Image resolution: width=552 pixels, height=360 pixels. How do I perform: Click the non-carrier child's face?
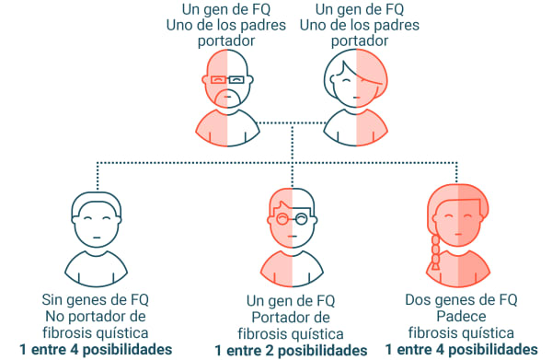[98, 221]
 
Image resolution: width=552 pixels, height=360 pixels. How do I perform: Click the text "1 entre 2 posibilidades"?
[291, 350]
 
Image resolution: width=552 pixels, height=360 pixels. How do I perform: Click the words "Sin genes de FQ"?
[96, 299]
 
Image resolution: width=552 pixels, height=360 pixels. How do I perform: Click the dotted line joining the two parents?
[292, 122]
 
